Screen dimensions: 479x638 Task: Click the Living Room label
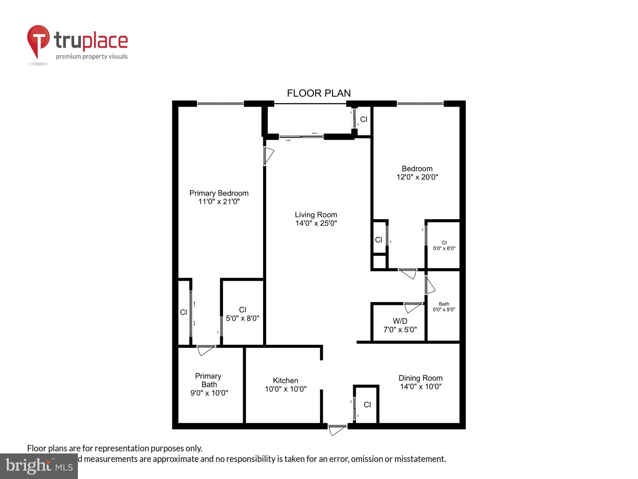(316, 215)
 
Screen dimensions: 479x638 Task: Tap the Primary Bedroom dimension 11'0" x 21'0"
(219, 202)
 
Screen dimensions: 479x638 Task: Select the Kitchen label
(285, 380)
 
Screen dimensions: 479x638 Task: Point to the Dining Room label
(421, 378)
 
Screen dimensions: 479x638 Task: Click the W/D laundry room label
(400, 321)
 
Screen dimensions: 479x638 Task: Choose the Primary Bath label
(209, 380)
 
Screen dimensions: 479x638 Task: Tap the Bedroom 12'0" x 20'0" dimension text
(417, 177)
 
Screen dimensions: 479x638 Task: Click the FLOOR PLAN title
(319, 93)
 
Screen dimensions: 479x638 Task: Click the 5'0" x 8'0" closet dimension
(242, 318)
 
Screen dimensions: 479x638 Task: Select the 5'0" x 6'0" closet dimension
(444, 249)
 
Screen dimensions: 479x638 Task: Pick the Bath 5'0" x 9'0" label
(444, 307)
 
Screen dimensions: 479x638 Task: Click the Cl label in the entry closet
(367, 405)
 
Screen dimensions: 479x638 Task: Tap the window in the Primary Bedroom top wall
(220, 104)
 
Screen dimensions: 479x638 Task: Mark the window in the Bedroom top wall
(420, 104)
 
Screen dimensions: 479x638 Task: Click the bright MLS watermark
(39, 466)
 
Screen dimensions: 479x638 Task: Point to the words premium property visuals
(92, 57)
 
